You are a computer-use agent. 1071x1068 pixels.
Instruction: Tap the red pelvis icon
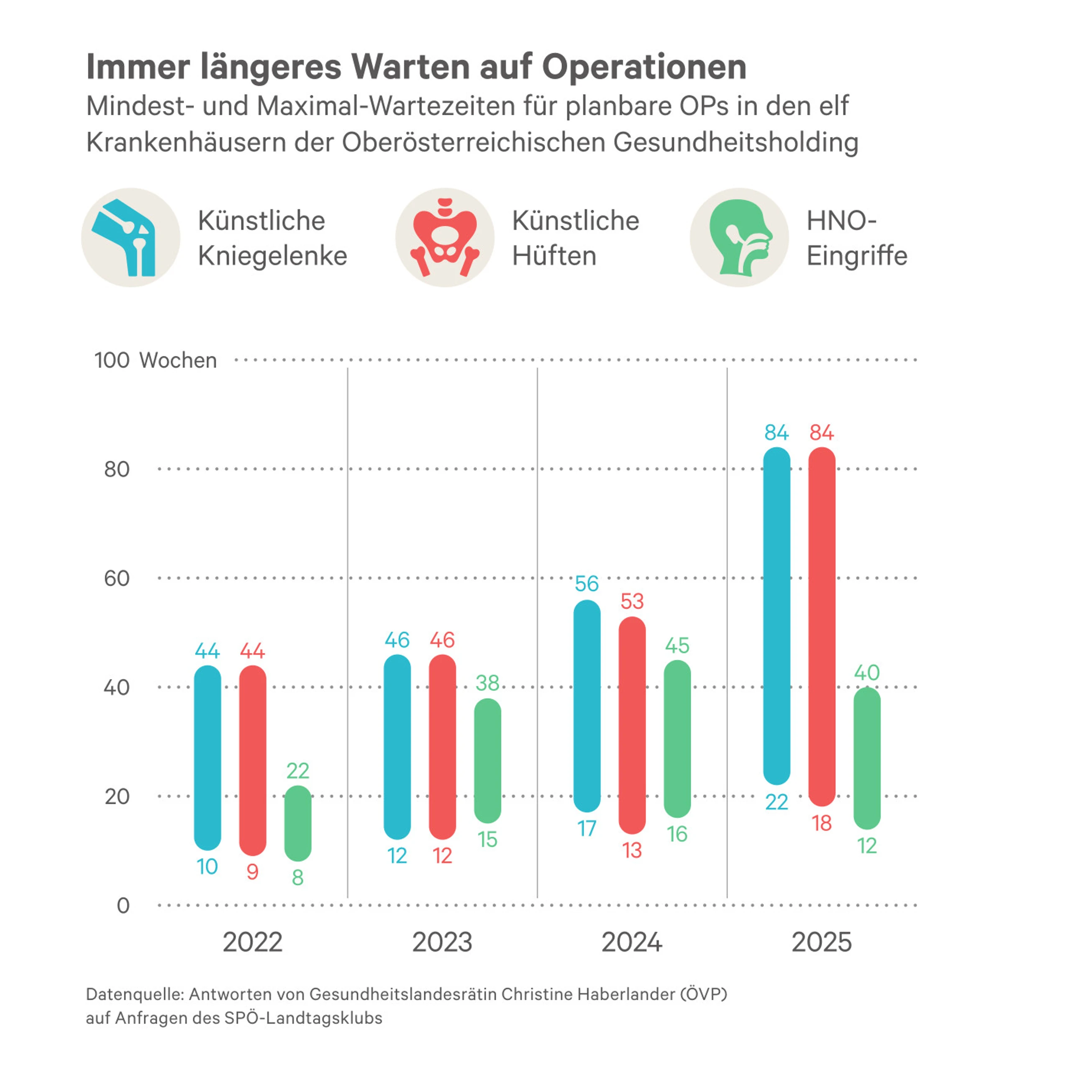pyautogui.click(x=445, y=237)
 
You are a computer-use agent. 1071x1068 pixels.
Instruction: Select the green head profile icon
pyautogui.click(x=739, y=237)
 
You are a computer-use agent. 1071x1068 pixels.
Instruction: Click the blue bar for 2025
pyautogui.click(x=776, y=616)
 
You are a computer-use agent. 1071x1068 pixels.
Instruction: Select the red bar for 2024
pyautogui.click(x=632, y=725)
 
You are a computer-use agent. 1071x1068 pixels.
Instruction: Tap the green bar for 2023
pyautogui.click(x=487, y=760)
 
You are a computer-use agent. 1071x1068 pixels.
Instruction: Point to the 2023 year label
pyautogui.click(x=442, y=942)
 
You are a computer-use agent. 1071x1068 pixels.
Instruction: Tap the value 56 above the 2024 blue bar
pyautogui.click(x=587, y=584)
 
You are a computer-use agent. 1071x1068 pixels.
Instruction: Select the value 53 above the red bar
pyautogui.click(x=632, y=601)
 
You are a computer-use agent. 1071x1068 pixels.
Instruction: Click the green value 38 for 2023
pyautogui.click(x=487, y=682)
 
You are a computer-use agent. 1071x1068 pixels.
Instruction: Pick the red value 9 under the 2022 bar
pyautogui.click(x=252, y=872)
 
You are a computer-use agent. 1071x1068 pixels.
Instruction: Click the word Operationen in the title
pyautogui.click(x=644, y=67)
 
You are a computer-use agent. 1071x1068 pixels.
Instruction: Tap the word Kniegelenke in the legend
pyautogui.click(x=272, y=256)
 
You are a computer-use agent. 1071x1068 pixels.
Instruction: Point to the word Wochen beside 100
pyautogui.click(x=178, y=360)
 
